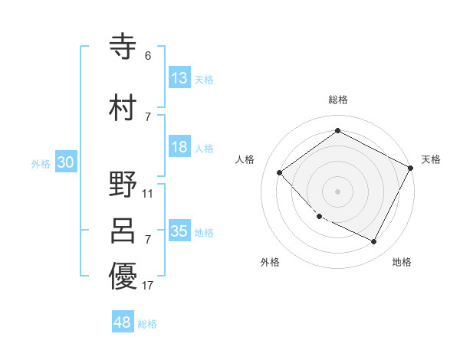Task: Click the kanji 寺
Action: click(123, 47)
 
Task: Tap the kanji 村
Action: click(123, 108)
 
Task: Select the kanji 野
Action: click(123, 184)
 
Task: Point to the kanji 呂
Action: click(123, 231)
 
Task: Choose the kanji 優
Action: click(123, 277)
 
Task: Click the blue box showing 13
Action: click(179, 78)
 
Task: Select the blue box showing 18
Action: click(179, 147)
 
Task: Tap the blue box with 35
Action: click(179, 231)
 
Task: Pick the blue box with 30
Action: click(65, 162)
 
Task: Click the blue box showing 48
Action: click(123, 322)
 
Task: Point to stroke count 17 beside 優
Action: click(148, 286)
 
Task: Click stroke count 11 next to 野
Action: click(148, 193)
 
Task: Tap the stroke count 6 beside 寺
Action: click(148, 56)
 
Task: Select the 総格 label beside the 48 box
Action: click(147, 324)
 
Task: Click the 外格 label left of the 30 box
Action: click(41, 163)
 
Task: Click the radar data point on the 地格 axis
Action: click(374, 242)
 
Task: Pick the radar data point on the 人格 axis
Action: click(280, 173)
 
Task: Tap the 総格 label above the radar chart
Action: click(338, 100)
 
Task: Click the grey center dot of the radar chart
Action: click(338, 191)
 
